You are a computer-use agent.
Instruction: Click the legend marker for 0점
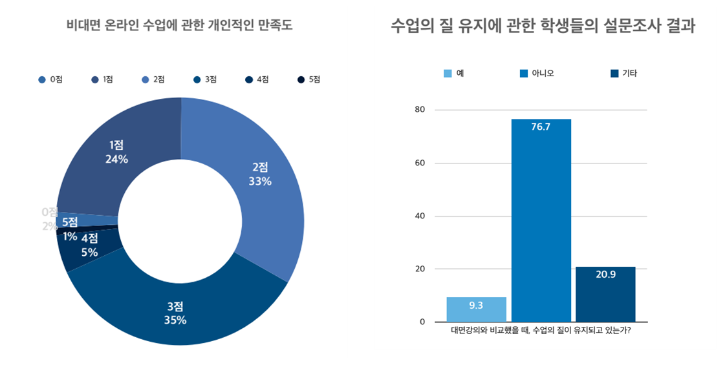(42, 79)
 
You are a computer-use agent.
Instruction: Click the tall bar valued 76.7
(541, 220)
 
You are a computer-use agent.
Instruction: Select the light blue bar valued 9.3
(476, 309)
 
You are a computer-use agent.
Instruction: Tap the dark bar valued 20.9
(605, 294)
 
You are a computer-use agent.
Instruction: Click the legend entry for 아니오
(536, 73)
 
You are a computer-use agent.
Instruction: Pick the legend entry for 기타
(623, 73)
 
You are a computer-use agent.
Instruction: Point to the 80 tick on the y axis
(420, 110)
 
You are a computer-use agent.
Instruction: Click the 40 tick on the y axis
(420, 216)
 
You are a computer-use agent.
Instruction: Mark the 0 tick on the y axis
(422, 322)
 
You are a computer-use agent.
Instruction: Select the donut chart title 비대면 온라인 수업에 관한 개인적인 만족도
(180, 26)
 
